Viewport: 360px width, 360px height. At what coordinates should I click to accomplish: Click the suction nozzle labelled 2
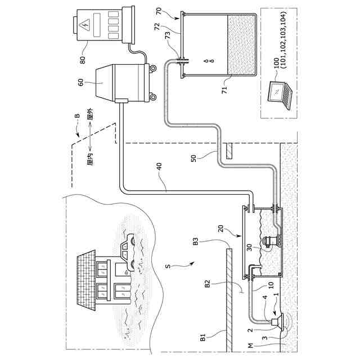[x=275, y=322]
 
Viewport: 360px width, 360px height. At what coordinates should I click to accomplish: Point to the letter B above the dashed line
[x=76, y=117]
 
